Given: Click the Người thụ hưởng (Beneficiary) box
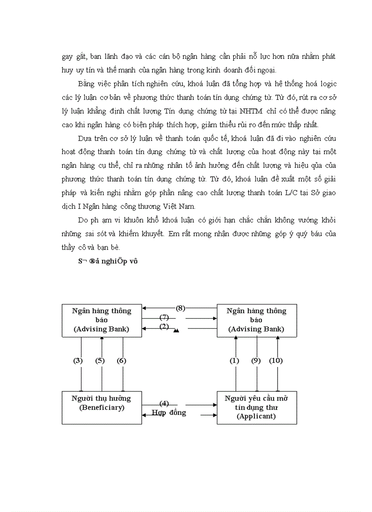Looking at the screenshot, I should tap(102, 407).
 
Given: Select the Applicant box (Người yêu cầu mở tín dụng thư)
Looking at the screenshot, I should tap(257, 407).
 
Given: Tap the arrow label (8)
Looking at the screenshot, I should tap(181, 308).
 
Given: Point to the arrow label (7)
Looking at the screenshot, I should tap(164, 317).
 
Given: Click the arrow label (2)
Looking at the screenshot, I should tap(164, 326).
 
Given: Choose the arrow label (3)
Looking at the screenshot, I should tap(78, 361).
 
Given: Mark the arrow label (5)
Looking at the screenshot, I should tap(100, 361).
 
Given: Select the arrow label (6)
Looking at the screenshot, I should tap(121, 361).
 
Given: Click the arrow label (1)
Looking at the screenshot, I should tap(234, 361).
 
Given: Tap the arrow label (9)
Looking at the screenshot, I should tap(256, 361).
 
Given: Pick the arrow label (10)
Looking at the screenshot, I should tap(276, 361).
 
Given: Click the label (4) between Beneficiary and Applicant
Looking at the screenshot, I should tap(165, 403).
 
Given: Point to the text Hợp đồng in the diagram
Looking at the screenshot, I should tap(169, 413).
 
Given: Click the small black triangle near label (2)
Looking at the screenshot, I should tap(176, 331).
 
